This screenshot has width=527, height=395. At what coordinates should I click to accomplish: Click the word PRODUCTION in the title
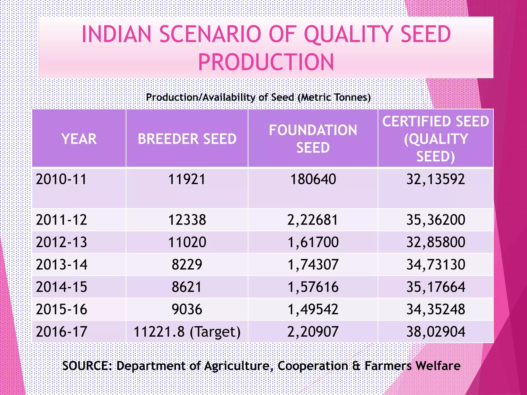[266, 62]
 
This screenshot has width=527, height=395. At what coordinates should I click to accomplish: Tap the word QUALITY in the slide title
[349, 34]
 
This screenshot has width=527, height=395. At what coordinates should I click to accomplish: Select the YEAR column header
[79, 139]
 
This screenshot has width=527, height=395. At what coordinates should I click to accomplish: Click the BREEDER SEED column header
[187, 139]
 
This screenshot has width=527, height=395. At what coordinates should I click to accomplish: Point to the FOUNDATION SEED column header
[313, 139]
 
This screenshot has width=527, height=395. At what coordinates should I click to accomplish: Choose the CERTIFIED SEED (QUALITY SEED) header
[436, 139]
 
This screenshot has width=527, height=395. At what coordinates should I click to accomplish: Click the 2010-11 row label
[61, 179]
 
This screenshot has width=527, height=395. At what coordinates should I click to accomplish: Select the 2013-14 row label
[62, 265]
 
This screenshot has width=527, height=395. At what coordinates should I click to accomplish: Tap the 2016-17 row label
[62, 332]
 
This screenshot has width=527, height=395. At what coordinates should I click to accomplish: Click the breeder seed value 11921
[187, 179]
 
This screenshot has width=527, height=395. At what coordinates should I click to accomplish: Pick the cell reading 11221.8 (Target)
[187, 332]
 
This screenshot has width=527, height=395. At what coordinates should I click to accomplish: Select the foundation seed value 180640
[313, 179]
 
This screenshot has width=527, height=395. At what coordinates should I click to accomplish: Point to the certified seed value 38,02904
[436, 332]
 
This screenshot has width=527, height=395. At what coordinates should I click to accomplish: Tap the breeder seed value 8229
[187, 265]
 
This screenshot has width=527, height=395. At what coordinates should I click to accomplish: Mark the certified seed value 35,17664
[436, 287]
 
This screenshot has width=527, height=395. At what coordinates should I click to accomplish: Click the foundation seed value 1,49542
[313, 309]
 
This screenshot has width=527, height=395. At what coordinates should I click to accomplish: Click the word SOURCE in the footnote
[86, 366]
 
